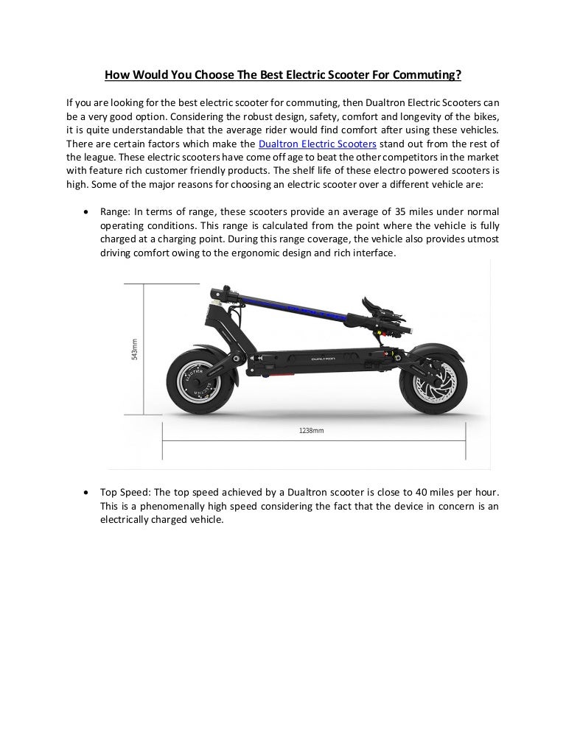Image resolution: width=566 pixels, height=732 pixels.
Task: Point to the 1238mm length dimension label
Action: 311,430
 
